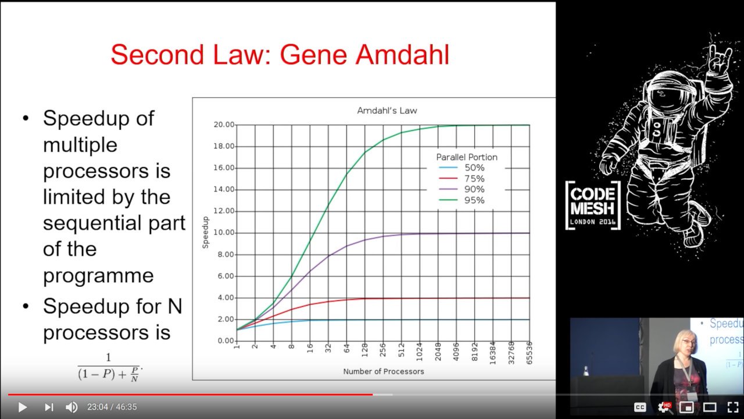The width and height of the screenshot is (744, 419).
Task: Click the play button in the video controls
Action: pos(23,407)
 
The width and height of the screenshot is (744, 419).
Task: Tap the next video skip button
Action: pos(49,407)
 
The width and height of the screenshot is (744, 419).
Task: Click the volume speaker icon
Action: pos(71,407)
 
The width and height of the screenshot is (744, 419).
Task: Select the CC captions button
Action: pos(640,407)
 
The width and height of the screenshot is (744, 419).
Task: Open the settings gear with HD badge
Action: pos(664,407)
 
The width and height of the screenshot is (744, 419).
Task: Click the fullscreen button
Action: pos(733,407)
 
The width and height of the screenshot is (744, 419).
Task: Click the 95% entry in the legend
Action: pos(462,200)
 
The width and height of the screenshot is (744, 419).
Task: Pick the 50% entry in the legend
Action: pos(462,168)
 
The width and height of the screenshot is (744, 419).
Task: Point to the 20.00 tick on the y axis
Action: pos(224,125)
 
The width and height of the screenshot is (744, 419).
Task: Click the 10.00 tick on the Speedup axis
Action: pos(224,233)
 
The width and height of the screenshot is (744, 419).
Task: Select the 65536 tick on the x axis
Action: pos(530,353)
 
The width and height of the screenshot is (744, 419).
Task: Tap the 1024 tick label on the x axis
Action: pos(420,351)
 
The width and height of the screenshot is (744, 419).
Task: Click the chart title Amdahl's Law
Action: pos(387,111)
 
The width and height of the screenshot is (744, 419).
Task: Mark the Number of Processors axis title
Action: pos(384,371)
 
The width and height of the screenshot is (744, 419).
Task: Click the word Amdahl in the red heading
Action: pos(402,55)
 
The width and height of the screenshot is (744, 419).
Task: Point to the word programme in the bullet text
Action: pos(98,276)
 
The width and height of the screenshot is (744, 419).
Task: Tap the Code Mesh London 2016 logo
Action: pos(593,205)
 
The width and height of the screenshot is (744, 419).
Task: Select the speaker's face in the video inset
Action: pos(685,343)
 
